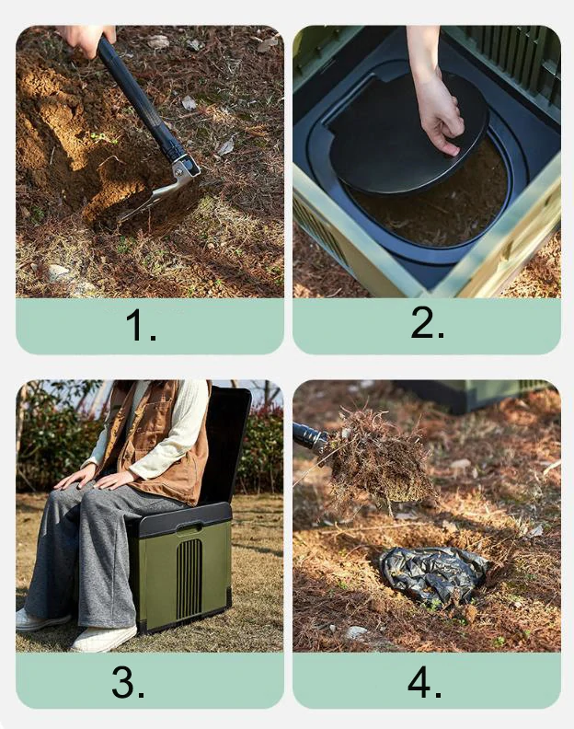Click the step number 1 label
click(141, 326)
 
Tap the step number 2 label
click(427, 322)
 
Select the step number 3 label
click(128, 681)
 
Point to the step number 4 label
click(424, 681)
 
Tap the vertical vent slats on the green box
click(189, 578)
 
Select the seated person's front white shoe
click(104, 639)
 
